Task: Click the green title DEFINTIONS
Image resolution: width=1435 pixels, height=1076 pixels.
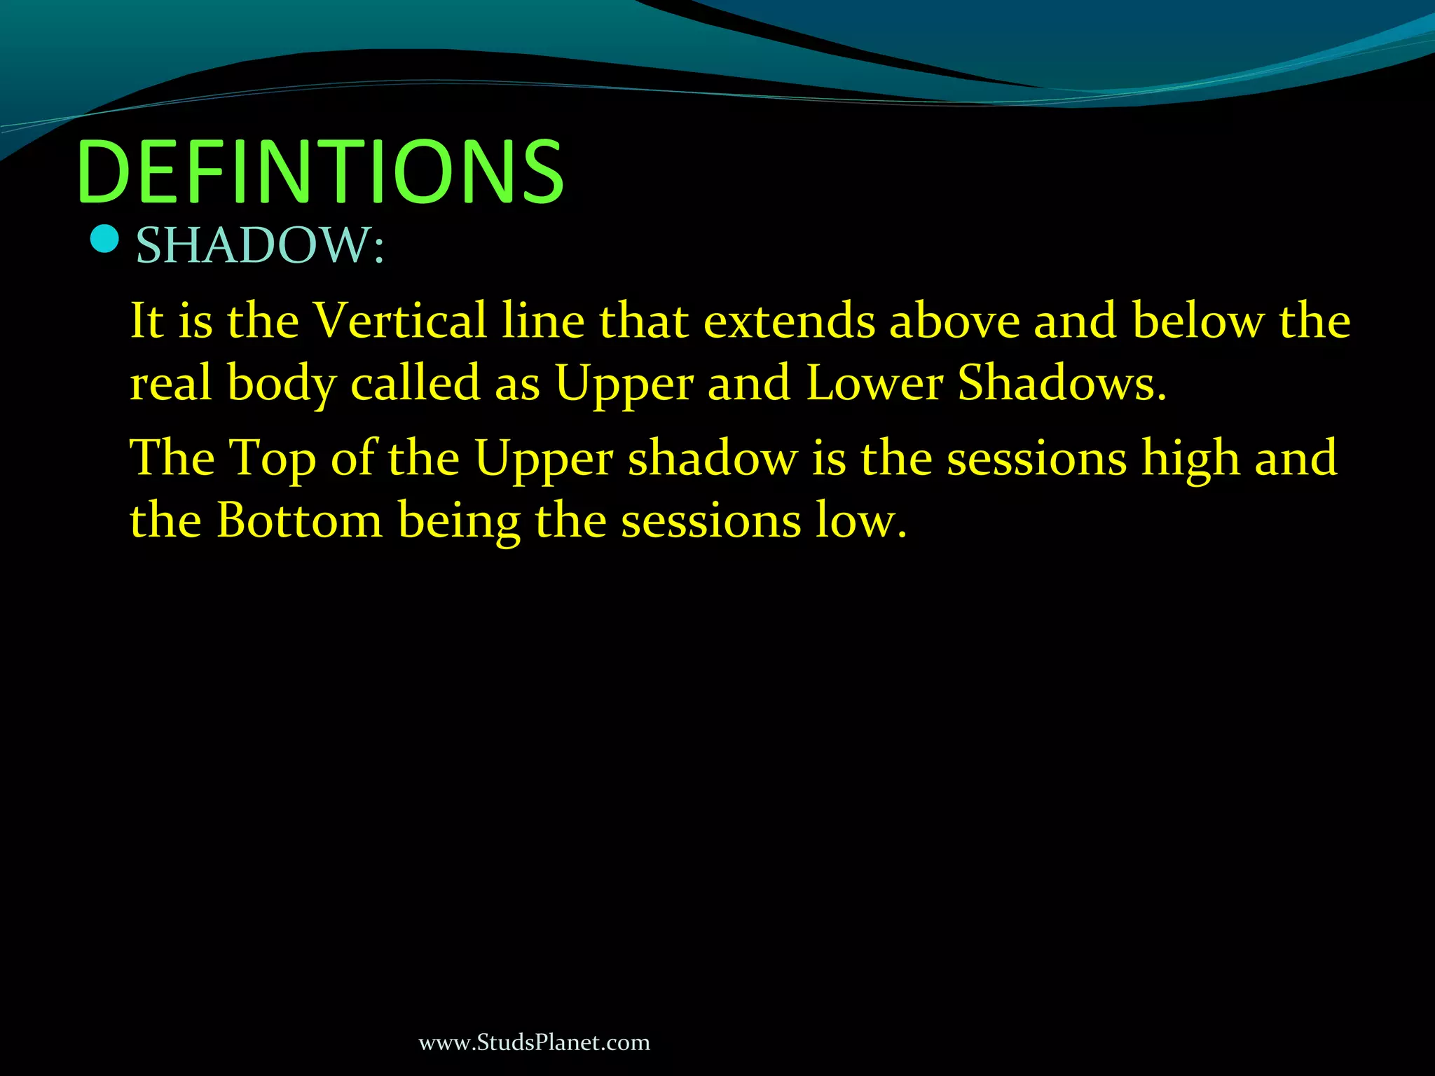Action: point(321,172)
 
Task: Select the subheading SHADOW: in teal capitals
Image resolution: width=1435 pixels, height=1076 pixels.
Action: point(260,246)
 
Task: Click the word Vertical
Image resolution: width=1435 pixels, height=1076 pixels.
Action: point(399,320)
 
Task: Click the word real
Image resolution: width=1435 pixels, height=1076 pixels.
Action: point(171,383)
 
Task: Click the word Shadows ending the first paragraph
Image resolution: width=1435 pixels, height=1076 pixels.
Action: point(1061,383)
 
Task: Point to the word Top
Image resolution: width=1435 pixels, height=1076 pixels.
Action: point(273,459)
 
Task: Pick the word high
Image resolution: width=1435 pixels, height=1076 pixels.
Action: point(1190,459)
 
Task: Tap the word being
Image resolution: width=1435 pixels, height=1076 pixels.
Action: point(459,522)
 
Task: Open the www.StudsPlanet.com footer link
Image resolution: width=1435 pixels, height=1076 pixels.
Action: point(534,1042)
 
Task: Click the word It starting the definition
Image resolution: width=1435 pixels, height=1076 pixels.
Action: point(146,320)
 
